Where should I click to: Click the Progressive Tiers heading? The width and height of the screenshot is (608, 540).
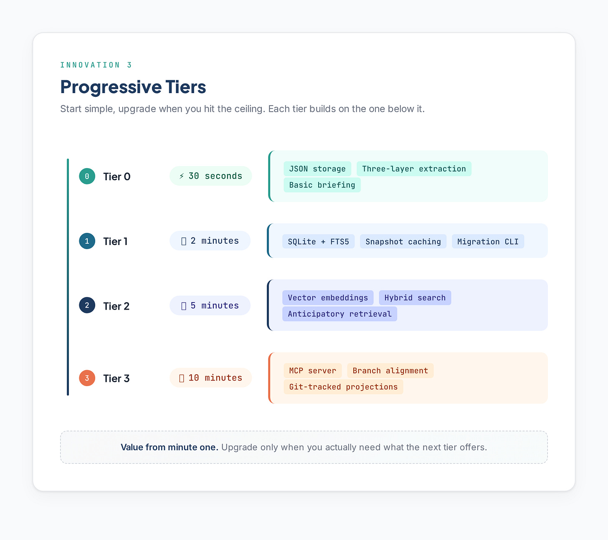[133, 87]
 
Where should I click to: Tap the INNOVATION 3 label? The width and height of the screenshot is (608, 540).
[96, 65]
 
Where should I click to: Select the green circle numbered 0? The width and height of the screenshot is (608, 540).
[87, 176]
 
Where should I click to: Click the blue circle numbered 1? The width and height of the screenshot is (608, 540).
[87, 241]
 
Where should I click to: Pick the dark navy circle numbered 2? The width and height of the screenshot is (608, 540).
[87, 305]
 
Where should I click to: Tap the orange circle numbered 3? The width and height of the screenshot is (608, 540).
[87, 378]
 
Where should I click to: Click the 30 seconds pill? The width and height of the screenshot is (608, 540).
[210, 176]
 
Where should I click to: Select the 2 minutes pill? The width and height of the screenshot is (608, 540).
[210, 241]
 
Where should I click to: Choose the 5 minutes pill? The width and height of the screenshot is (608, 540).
[210, 305]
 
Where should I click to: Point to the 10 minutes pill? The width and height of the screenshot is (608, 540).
[210, 378]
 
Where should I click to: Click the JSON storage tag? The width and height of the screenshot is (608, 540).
[317, 169]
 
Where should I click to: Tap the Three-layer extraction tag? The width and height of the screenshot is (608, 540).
[414, 169]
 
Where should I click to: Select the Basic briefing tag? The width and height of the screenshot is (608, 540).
[322, 185]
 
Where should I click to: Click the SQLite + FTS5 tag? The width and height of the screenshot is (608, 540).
[318, 242]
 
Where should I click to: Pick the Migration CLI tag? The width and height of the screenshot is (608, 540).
[488, 242]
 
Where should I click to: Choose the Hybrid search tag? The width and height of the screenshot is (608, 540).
[415, 298]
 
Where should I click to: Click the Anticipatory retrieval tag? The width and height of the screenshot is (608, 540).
[339, 314]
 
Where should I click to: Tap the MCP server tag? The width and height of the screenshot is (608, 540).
[312, 371]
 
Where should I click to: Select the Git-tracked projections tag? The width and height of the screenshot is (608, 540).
[343, 387]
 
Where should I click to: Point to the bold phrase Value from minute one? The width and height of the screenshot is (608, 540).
[169, 447]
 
